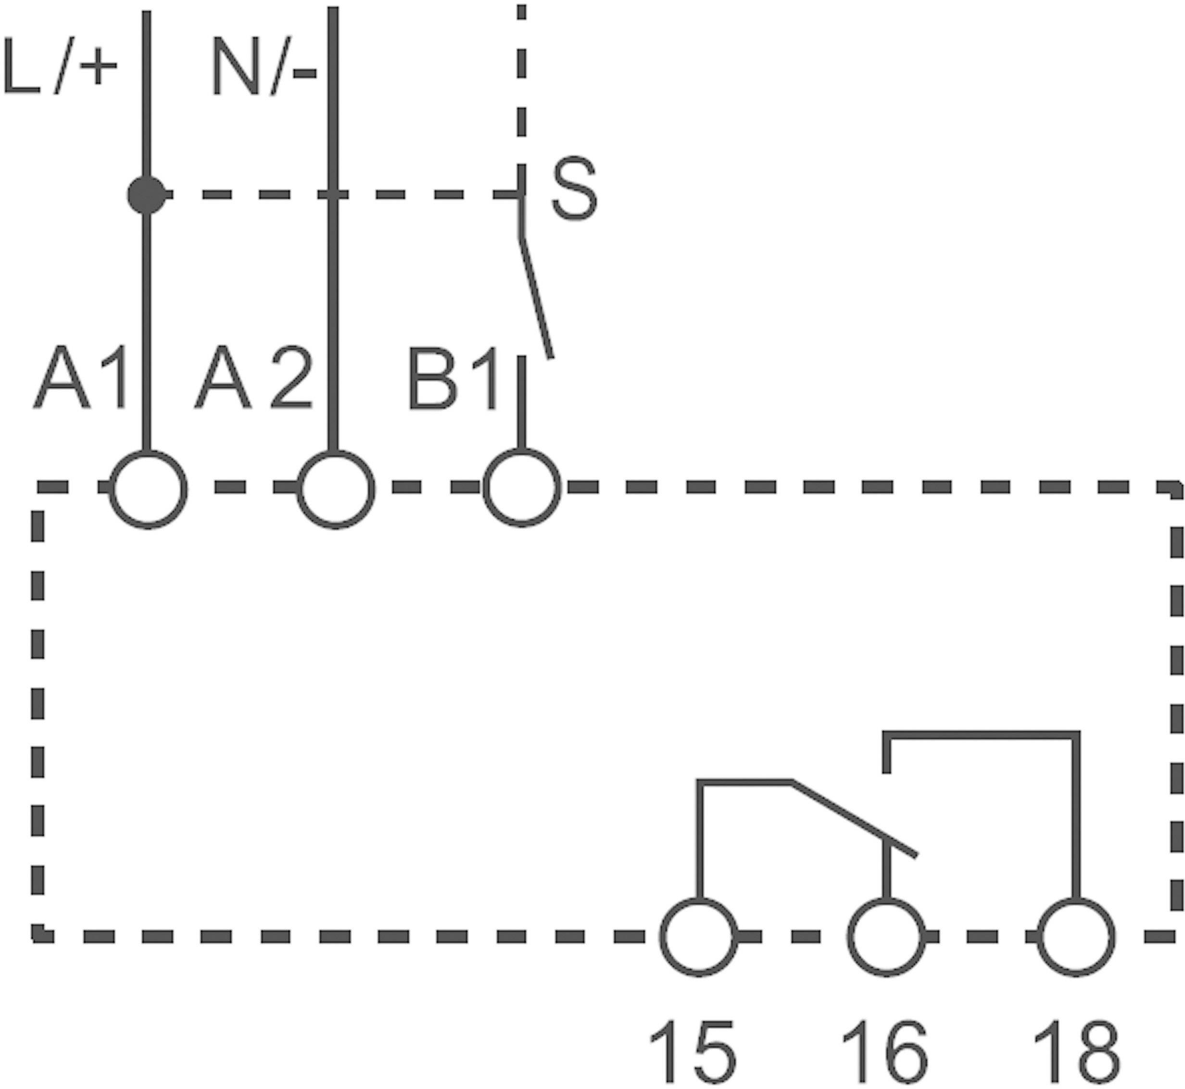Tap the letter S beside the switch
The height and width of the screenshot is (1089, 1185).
coord(575,190)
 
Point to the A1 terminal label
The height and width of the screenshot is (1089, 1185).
coord(79,378)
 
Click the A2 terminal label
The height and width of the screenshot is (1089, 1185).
coord(253,378)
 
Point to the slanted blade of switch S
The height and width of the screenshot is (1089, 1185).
coord(536,298)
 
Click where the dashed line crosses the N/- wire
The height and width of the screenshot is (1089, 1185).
coord(333,194)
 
